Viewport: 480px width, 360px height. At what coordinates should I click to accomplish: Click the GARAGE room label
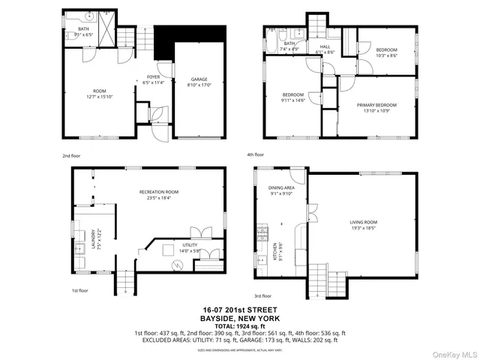click(198, 79)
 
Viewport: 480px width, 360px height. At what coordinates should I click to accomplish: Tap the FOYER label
click(154, 76)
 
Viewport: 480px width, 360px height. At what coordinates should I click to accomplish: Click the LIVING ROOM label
click(363, 222)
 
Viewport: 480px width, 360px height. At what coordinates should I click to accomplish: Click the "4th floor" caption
click(256, 154)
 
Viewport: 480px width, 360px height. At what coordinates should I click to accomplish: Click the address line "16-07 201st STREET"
click(240, 309)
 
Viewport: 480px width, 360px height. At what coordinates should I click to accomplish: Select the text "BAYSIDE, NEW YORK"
click(240, 317)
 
